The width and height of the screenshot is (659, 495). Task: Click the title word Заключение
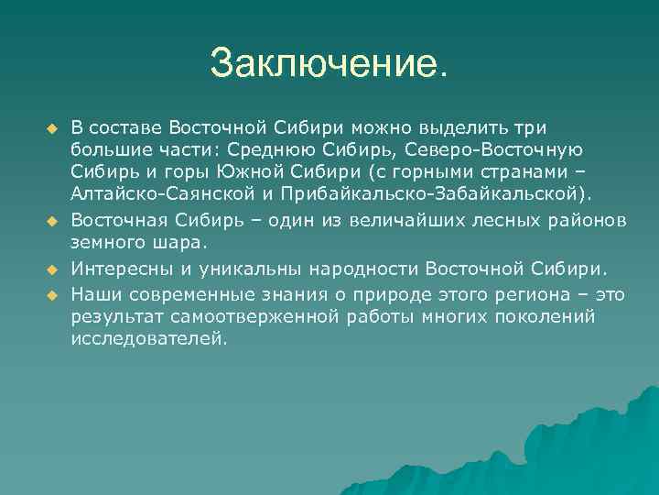(x=329, y=63)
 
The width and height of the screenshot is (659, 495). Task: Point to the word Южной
(x=252, y=171)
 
